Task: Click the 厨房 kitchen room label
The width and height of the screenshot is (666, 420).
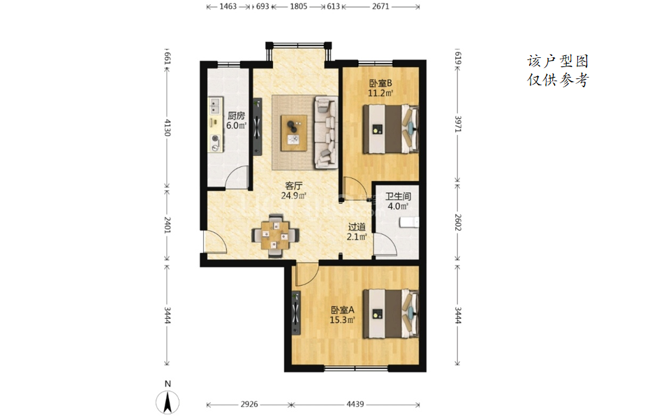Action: point(236,115)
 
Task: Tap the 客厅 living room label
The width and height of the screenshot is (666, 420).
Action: point(293,186)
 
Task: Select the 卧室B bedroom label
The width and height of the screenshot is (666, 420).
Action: point(380,83)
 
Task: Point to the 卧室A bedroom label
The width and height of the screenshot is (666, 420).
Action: point(342,310)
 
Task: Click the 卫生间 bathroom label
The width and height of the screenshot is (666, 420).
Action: point(398,196)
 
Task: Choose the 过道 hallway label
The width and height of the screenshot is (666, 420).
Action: point(357,227)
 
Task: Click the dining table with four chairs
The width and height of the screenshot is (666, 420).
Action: point(275,236)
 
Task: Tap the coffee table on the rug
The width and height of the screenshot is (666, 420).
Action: point(294,133)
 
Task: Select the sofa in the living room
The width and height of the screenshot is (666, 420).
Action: point(326,132)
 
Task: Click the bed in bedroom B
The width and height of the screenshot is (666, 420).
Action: point(390,129)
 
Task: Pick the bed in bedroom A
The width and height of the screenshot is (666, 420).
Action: point(390,314)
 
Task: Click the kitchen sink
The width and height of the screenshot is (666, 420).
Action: point(215,106)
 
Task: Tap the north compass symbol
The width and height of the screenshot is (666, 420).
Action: point(168,402)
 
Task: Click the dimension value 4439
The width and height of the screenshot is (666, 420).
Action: point(355,404)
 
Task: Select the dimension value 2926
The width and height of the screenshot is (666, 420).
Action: point(249,404)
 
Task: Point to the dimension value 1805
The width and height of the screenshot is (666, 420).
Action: point(299,6)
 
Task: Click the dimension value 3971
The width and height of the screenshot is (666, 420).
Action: point(458,124)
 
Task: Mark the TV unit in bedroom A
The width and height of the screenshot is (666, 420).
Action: point(296,313)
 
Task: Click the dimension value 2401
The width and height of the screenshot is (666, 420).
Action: point(168,225)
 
